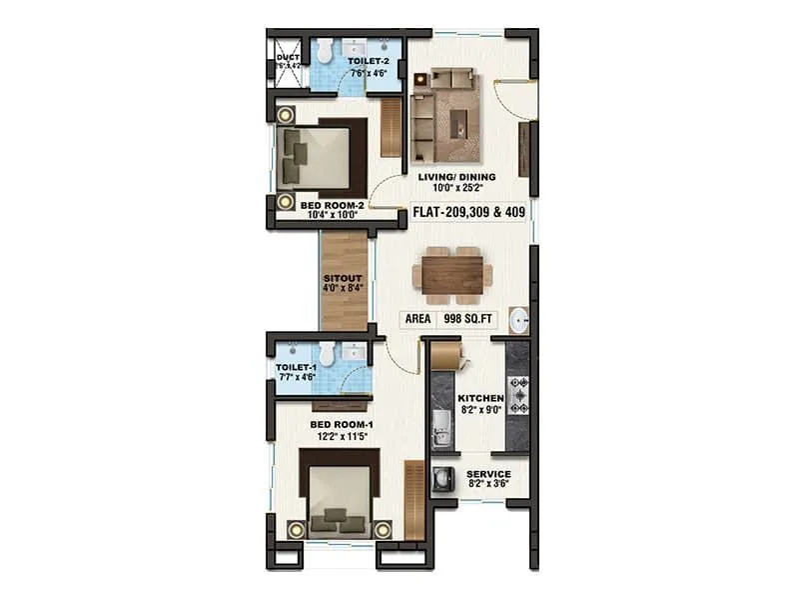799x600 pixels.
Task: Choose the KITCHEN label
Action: point(479,398)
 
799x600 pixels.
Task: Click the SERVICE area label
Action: point(489,473)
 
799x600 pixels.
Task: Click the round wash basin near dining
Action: point(519,320)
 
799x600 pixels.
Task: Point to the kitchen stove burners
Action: point(518,395)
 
